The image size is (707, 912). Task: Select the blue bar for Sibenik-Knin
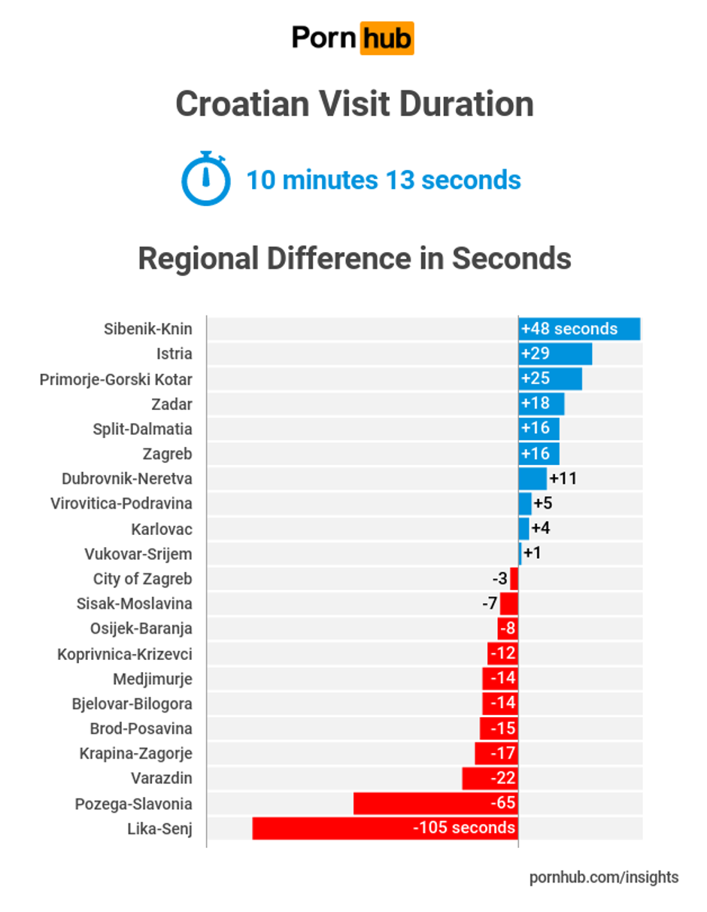pos(579,329)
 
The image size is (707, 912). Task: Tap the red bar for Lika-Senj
pos(385,828)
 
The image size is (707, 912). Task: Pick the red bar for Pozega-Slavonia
pos(435,803)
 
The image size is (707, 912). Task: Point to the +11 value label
pos(563,478)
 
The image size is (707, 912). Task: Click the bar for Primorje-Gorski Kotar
pos(550,378)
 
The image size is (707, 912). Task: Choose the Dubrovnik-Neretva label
pos(127,479)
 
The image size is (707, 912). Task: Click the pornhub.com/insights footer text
pos(604,877)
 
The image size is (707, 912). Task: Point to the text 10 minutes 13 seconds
pos(384,181)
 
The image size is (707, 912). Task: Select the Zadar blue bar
pos(541,403)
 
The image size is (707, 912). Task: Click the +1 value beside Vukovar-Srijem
pos(533,553)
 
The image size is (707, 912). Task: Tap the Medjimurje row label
pos(153,679)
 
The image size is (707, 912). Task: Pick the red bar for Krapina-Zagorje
pos(496,752)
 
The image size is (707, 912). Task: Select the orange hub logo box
pos(387,37)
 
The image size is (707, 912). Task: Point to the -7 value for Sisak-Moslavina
pos(490,603)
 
